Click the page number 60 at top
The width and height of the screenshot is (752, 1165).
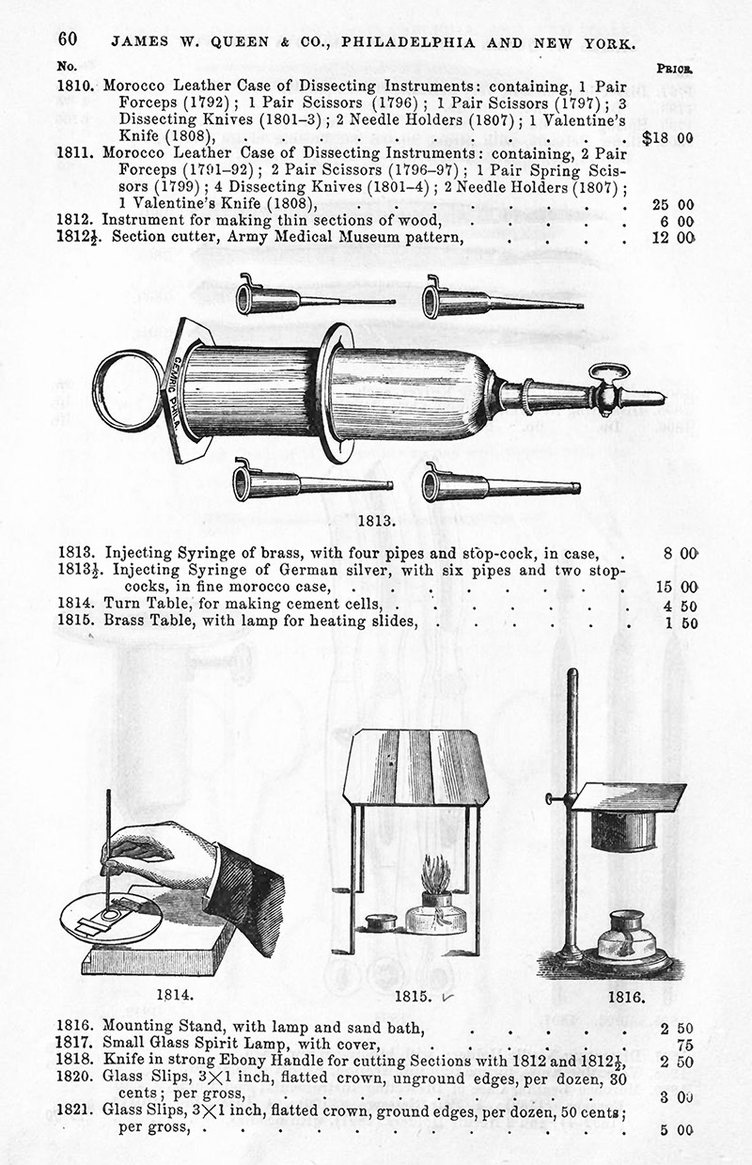[x=67, y=39]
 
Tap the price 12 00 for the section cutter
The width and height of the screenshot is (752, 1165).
[x=673, y=237]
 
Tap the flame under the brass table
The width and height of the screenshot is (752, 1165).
[x=434, y=877]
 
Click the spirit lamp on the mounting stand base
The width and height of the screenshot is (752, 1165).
[x=627, y=936]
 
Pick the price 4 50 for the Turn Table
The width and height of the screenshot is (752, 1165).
[x=675, y=605]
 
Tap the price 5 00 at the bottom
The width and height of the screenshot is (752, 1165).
[x=677, y=1129]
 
